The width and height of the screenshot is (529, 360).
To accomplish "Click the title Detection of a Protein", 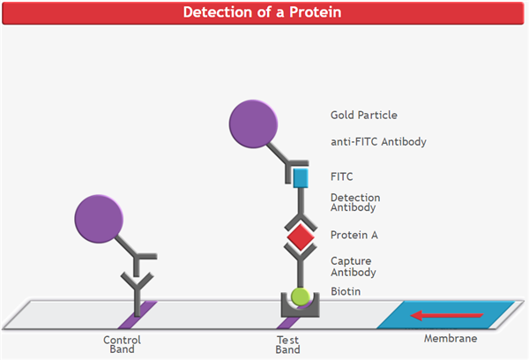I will pyautogui.click(x=264, y=13).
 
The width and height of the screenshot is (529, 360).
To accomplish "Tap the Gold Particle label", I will pyautogui.click(x=364, y=116).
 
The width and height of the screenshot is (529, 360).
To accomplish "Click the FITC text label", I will pyautogui.click(x=342, y=176).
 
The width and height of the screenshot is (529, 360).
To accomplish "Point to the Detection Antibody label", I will pyautogui.click(x=354, y=203).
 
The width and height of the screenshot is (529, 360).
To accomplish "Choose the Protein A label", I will pyautogui.click(x=354, y=235).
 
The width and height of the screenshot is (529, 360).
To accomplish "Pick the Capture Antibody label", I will pyautogui.click(x=351, y=266).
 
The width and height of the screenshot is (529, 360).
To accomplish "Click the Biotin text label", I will pyautogui.click(x=346, y=291).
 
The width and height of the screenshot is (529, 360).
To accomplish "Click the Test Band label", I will pyautogui.click(x=288, y=344).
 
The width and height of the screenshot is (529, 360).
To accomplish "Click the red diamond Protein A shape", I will pyautogui.click(x=300, y=236).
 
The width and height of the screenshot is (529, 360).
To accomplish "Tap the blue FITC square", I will pyautogui.click(x=300, y=177).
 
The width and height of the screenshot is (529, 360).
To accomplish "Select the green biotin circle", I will pyautogui.click(x=300, y=296).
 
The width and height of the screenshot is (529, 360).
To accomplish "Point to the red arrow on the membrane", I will pyautogui.click(x=450, y=314).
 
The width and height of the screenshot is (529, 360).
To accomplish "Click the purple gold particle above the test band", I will pyautogui.click(x=255, y=124).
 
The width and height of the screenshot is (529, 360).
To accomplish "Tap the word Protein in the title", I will pyautogui.click(x=310, y=13).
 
